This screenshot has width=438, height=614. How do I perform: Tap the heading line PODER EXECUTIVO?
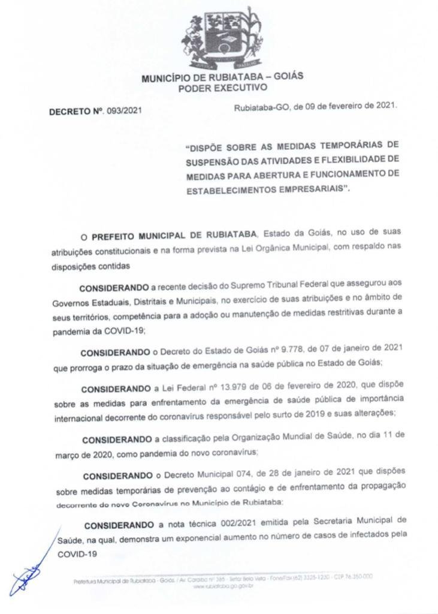pyautogui.click(x=222, y=88)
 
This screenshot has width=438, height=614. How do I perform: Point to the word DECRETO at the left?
pyautogui.click(x=70, y=111)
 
